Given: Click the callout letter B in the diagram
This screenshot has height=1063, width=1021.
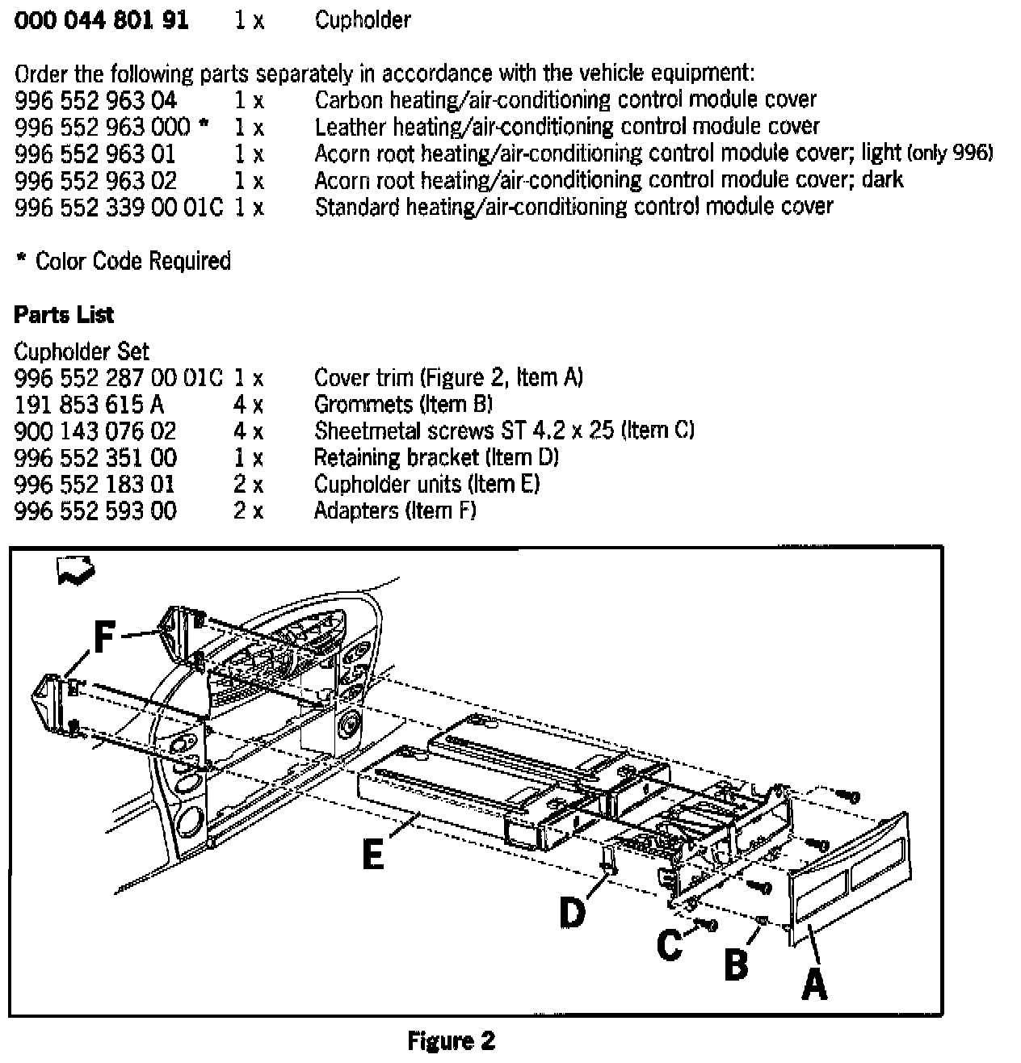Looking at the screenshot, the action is pos(736,963).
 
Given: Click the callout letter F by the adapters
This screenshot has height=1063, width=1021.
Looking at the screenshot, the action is pos(103,637).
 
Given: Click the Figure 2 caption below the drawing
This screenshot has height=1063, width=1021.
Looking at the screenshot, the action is pos(451,1040).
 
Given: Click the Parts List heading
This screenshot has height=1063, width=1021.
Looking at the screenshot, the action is pos(64,314).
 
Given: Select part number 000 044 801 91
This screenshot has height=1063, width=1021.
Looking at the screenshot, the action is pos(102,20).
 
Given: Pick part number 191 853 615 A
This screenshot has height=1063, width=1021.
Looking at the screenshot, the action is pos(89,404).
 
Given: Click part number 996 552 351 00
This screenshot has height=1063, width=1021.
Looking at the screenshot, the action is pos(95,457).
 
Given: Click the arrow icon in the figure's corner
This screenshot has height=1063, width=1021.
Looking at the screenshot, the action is pos(75,571).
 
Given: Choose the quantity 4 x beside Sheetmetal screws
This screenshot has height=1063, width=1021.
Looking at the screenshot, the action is pos(248,431).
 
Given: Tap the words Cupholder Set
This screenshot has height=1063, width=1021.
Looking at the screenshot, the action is pos(82,351).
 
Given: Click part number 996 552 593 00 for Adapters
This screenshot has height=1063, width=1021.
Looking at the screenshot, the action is pos(95,510).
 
